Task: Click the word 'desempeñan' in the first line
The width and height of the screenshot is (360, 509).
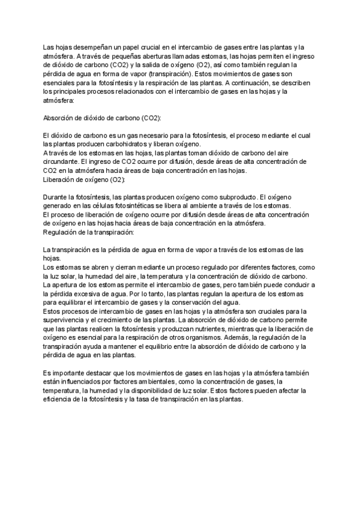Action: point(85,47)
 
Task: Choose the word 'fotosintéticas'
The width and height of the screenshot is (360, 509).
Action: point(140,206)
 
